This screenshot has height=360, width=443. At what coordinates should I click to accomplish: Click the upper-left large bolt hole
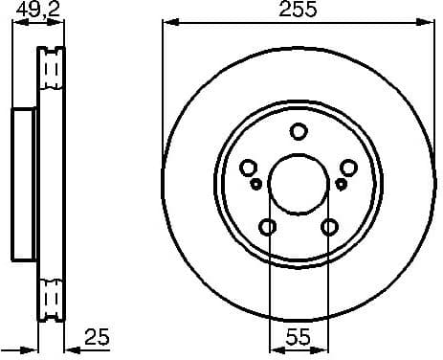(249, 166)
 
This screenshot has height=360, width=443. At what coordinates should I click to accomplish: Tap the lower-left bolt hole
(268, 226)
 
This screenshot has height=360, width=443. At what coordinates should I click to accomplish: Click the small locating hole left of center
(256, 182)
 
